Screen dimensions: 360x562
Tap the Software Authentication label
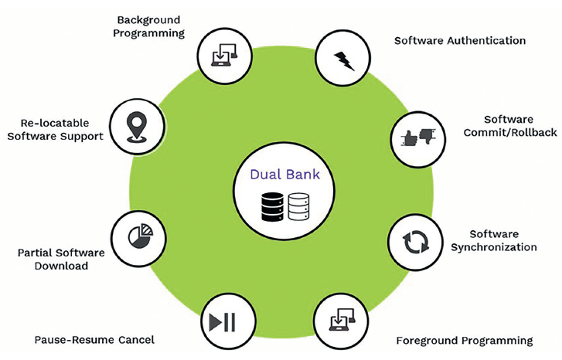click(x=460, y=40)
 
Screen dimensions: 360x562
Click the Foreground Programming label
click(x=464, y=340)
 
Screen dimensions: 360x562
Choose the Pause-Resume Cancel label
click(x=94, y=339)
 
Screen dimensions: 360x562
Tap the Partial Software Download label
click(x=60, y=259)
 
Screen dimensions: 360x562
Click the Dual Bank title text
click(x=284, y=175)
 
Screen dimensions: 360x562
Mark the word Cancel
click(x=136, y=339)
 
